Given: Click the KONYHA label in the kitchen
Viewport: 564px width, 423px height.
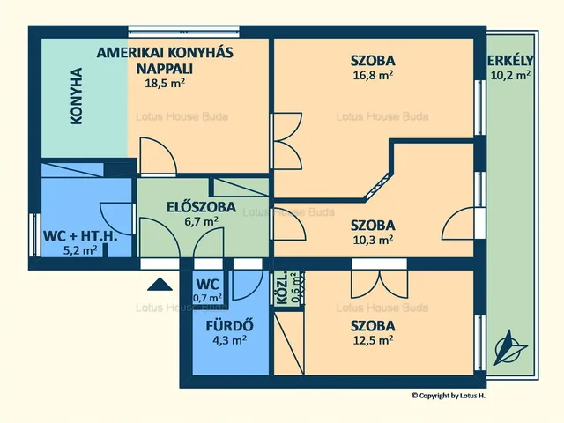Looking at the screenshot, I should click(78, 96).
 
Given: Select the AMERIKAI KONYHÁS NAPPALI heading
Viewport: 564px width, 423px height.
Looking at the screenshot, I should click(165, 59).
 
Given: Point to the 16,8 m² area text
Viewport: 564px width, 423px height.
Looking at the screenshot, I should click(372, 76).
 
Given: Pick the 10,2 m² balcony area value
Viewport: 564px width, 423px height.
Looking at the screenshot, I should click(510, 76).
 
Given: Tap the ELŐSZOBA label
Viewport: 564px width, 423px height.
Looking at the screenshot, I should click(201, 207).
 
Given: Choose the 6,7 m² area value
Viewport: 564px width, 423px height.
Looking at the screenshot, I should click(199, 222).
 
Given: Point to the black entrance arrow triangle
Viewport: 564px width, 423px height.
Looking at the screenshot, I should click(159, 284).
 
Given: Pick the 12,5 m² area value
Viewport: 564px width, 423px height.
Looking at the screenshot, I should click(372, 340).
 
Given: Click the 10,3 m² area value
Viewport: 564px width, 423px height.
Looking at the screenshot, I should click(372, 238).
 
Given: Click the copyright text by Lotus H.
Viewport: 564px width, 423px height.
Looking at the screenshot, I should click(448, 397).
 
